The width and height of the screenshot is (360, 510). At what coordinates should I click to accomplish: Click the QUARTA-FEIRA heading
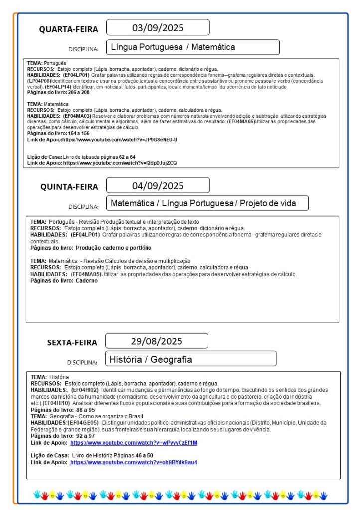(69, 29)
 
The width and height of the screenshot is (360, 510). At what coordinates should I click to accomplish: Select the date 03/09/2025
(157, 27)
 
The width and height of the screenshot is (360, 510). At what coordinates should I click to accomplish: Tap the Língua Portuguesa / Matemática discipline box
(192, 47)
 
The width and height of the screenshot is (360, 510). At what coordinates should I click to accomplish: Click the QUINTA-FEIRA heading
(69, 187)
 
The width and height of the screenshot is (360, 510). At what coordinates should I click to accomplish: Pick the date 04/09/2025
(158, 186)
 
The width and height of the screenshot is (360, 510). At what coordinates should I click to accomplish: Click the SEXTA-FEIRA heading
(72, 342)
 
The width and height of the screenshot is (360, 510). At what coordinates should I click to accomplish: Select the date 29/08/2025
(157, 341)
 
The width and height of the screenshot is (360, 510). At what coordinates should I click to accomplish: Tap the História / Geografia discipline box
(190, 359)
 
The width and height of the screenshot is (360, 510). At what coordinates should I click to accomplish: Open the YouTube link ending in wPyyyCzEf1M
(134, 443)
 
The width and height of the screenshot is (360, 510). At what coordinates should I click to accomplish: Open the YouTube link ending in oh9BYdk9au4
(134, 462)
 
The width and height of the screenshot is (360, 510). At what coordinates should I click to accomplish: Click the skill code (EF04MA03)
(77, 115)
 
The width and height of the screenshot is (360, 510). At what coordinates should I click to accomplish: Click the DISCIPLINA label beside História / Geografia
(83, 362)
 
